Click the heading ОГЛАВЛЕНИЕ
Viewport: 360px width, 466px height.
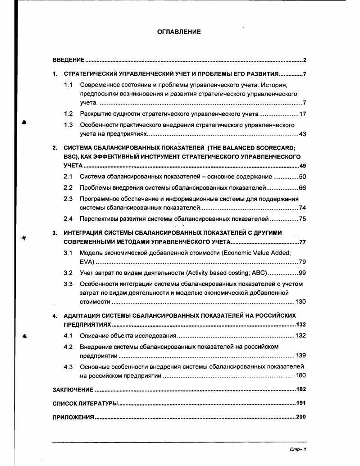coord(179,32)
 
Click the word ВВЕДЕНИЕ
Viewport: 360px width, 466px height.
coord(68,60)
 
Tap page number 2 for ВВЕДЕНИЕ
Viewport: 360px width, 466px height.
coord(305,60)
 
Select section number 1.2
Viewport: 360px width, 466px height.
coord(68,114)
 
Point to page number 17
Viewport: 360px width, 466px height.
coord(302,114)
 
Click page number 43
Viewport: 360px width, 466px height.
coord(302,134)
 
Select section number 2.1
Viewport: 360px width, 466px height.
coord(68,177)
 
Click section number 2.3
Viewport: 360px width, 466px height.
coord(68,199)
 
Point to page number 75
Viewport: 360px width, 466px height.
coord(302,219)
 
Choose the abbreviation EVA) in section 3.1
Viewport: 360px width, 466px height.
coord(87,262)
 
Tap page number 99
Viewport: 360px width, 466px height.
coord(302,273)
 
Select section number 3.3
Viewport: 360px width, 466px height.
coord(68,284)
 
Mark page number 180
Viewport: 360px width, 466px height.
coord(301,375)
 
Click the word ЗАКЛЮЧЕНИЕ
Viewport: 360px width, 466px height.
coord(73,389)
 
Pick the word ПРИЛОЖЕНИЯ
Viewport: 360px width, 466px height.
coord(73,417)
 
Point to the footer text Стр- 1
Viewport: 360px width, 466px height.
coord(298,449)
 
